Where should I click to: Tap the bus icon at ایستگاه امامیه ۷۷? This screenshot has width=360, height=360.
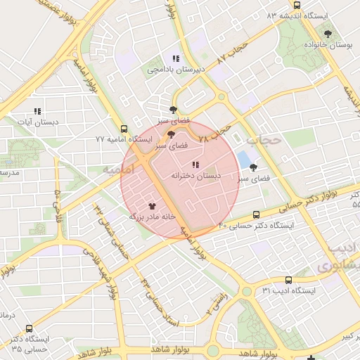point(124,129)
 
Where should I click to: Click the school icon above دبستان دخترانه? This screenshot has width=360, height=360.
point(195,165)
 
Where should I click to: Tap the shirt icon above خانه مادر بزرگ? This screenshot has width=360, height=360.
point(152,207)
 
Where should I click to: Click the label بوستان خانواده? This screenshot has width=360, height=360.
point(328,44)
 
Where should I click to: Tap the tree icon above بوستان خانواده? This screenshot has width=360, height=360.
point(328,33)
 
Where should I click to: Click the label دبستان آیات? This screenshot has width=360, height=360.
point(37,122)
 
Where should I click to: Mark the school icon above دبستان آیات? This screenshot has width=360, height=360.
point(37,111)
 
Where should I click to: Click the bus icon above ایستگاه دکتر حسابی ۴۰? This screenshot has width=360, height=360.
point(255,214)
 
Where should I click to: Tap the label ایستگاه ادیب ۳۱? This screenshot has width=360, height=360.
point(289,290)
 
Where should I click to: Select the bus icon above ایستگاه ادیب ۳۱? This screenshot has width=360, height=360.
point(289,279)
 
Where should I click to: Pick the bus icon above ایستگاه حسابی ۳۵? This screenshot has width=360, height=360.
point(29,328)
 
